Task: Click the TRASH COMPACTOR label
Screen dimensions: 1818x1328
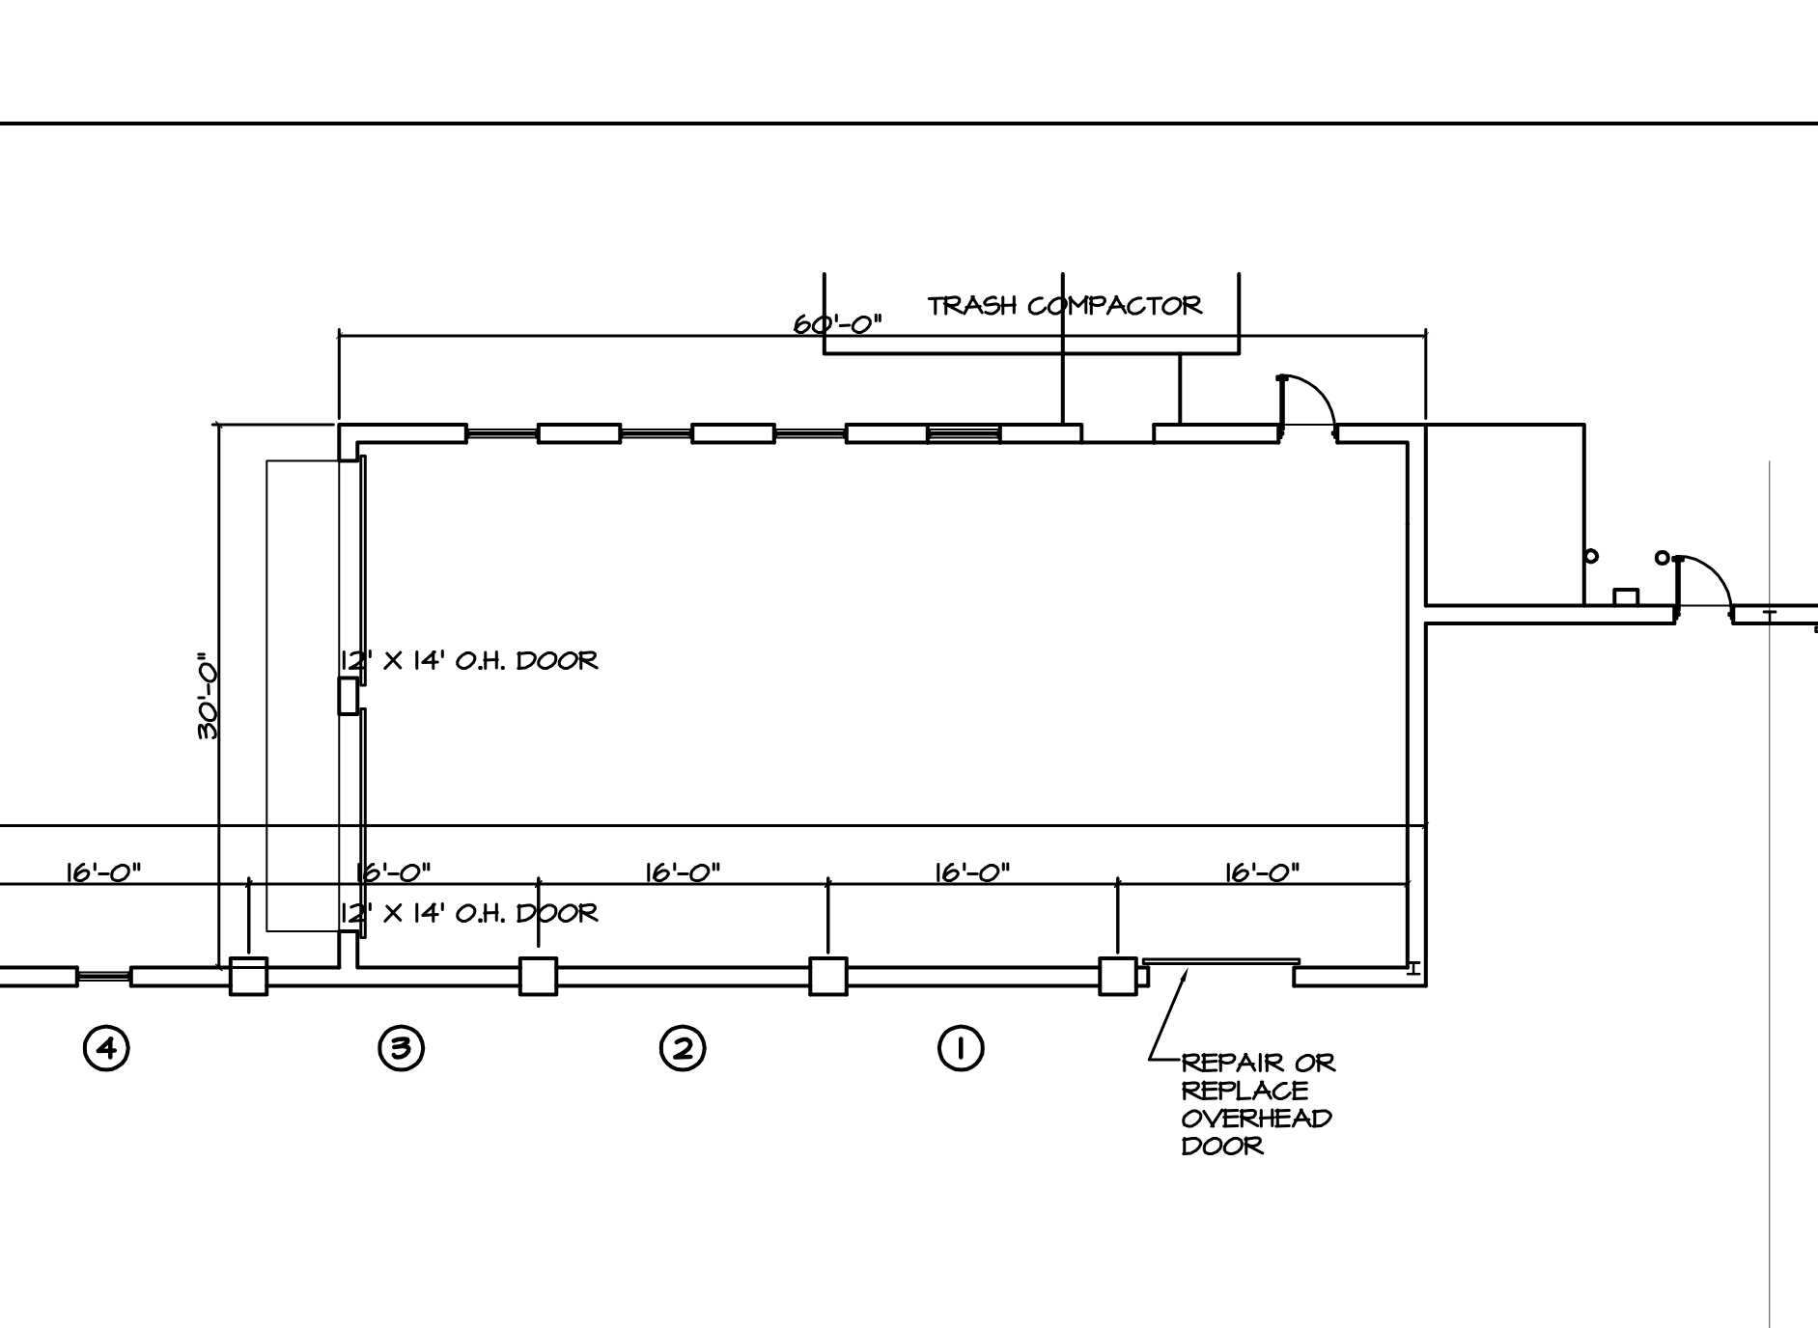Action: click(x=1065, y=306)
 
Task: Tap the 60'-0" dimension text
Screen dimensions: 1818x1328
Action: click(x=838, y=323)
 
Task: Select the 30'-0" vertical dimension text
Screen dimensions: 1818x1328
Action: click(x=208, y=702)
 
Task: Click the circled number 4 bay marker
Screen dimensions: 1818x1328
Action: click(x=106, y=1047)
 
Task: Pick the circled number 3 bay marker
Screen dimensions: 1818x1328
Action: click(x=401, y=1047)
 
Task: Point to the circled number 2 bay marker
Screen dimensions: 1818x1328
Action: click(x=683, y=1047)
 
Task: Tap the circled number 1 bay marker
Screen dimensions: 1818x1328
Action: click(x=961, y=1047)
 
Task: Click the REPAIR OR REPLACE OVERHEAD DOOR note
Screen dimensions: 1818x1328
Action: click(x=1258, y=1104)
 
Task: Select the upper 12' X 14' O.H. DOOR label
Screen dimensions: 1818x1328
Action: click(x=469, y=660)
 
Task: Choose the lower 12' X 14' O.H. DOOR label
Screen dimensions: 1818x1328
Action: click(x=469, y=912)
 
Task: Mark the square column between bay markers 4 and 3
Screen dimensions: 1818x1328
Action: click(x=249, y=976)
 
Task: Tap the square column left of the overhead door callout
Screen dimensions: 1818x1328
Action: click(x=1118, y=976)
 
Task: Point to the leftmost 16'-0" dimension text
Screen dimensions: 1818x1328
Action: click(x=103, y=872)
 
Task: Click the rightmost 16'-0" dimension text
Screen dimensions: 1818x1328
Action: click(x=1262, y=872)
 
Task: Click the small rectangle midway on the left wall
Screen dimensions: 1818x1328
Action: click(x=349, y=696)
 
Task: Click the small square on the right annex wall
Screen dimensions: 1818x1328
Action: click(x=1627, y=597)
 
